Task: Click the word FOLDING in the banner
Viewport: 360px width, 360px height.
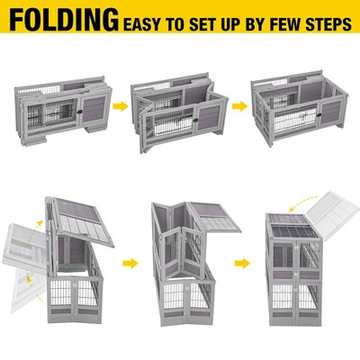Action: click(64, 20)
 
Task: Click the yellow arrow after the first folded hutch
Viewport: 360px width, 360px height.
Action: click(121, 106)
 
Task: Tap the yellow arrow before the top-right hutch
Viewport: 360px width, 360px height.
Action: click(239, 105)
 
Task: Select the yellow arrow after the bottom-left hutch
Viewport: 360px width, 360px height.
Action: click(130, 264)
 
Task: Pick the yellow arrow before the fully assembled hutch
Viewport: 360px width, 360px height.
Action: click(242, 264)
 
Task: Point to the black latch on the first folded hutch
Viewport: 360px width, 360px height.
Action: click(80, 112)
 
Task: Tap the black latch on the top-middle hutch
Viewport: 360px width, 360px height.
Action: click(195, 120)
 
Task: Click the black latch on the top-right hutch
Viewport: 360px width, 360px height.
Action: click(319, 114)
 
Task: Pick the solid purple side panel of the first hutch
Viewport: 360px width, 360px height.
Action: click(94, 109)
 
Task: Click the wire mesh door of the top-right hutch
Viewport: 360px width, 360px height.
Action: click(295, 119)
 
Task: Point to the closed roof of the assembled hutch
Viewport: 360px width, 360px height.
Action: click(292, 227)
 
